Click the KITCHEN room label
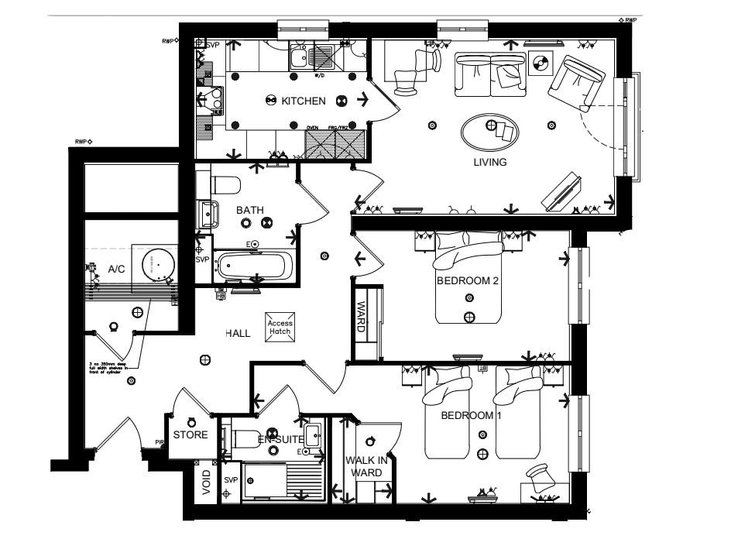303,101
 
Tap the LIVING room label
489,163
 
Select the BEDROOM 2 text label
468,280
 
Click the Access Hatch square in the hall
280,328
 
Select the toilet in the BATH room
225,185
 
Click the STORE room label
191,435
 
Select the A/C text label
116,270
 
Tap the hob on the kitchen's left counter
210,99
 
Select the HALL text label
237,333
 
